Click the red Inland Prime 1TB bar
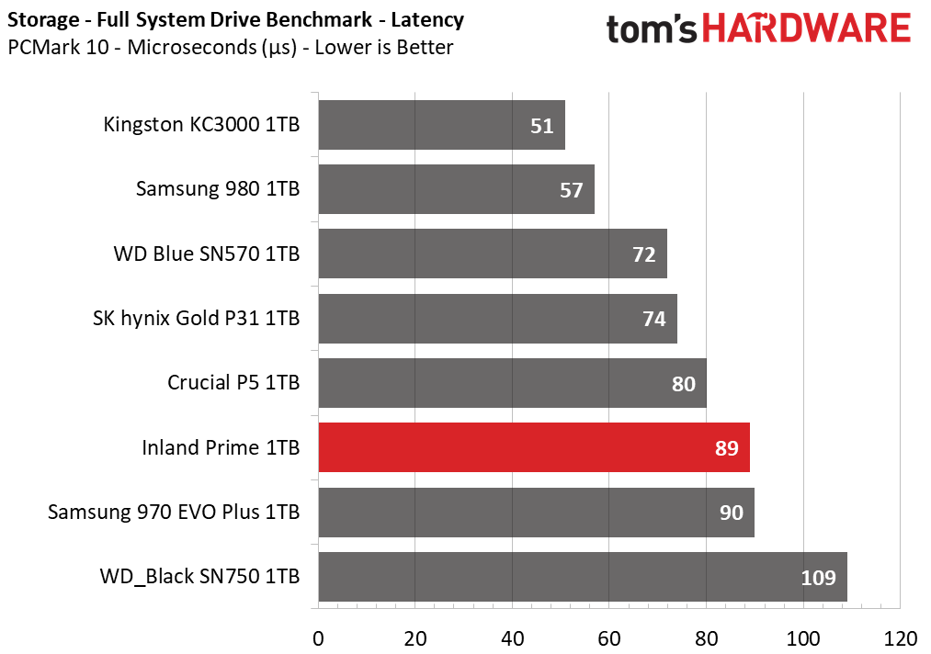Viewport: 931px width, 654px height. [534, 447]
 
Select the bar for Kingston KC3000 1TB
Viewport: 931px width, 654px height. [442, 125]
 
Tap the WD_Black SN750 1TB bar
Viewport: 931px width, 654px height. [583, 577]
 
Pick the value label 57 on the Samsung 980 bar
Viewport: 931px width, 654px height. [571, 190]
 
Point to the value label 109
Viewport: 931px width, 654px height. [818, 578]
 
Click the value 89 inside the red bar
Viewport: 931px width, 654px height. [727, 448]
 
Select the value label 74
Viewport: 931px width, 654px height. [654, 320]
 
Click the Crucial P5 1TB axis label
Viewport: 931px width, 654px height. [233, 383]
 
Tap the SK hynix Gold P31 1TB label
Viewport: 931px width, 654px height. [196, 319]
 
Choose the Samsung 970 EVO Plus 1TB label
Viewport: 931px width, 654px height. [174, 513]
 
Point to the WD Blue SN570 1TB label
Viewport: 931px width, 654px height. [207, 254]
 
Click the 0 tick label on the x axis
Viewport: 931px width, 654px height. [318, 639]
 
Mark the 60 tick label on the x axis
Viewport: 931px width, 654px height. [609, 639]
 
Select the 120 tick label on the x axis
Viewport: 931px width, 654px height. [900, 639]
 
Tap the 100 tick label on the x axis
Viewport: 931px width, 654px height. [803, 639]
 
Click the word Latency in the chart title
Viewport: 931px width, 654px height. [427, 20]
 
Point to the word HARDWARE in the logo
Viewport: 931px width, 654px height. [806, 28]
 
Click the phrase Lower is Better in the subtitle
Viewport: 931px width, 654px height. [384, 48]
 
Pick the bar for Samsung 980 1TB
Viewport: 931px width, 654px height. [457, 189]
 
